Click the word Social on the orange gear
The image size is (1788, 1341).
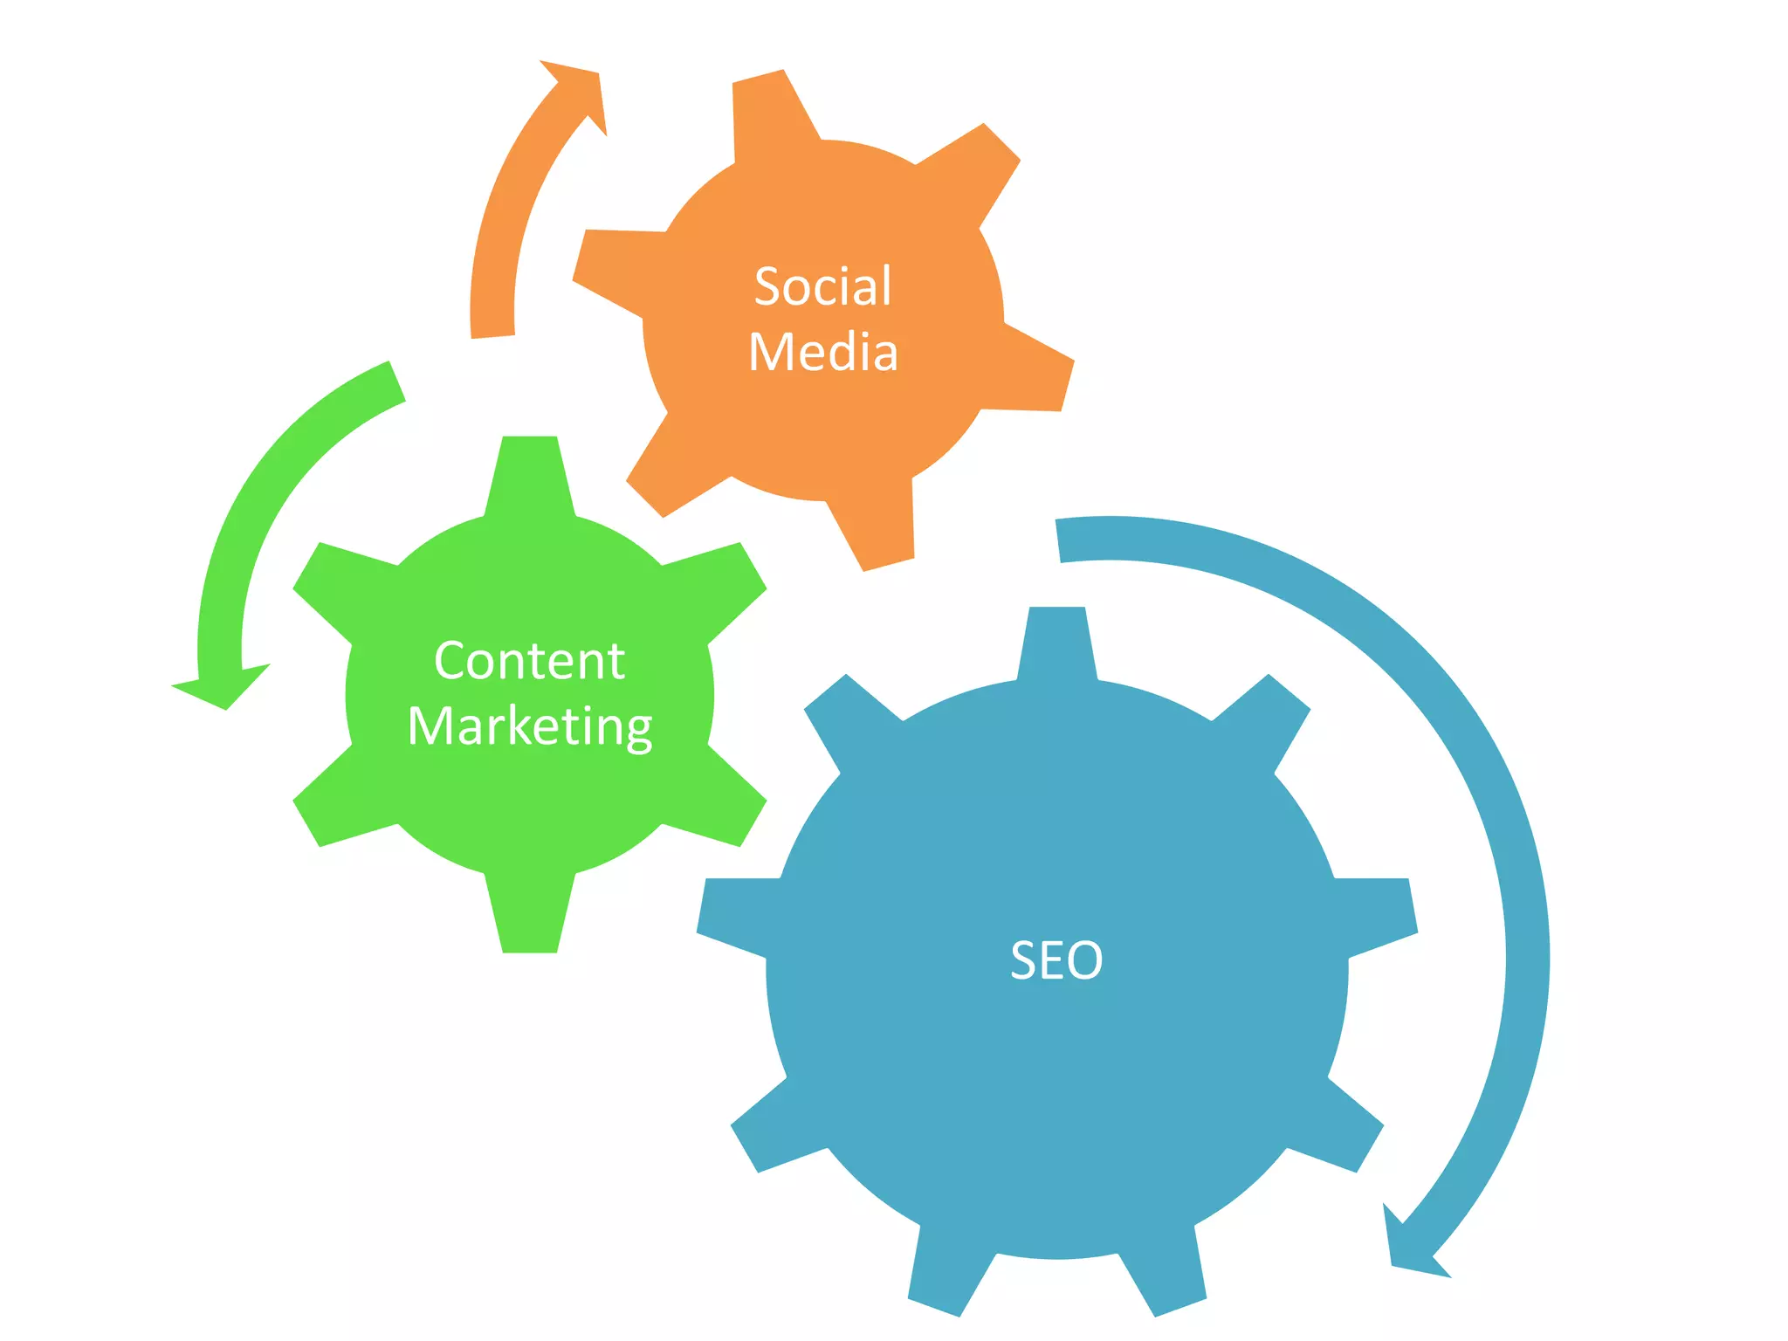(x=822, y=286)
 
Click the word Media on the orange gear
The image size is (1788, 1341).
(x=823, y=352)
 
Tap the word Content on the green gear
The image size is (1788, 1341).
(x=529, y=660)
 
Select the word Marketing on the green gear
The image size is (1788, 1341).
(x=530, y=726)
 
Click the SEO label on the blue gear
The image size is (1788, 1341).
(x=1056, y=960)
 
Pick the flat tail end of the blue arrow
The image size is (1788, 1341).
(x=1058, y=540)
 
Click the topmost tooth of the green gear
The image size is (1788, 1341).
(x=530, y=471)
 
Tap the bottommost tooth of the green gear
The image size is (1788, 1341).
(x=530, y=917)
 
